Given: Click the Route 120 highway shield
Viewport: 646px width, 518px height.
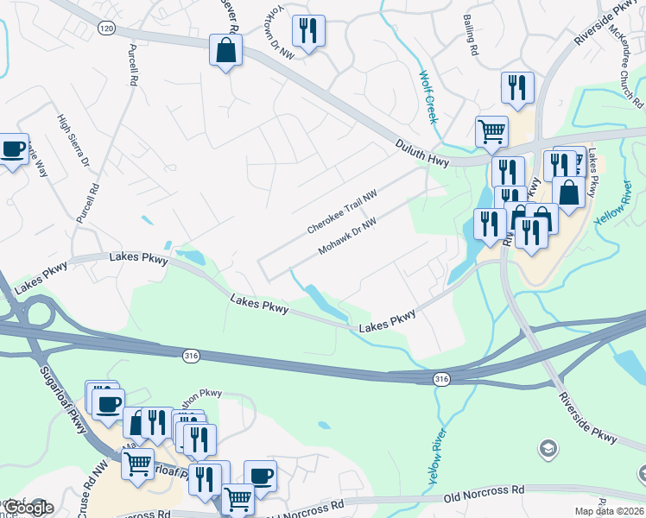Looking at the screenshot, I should [x=106, y=28].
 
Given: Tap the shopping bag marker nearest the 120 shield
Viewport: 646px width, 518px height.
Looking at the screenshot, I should [x=225, y=51].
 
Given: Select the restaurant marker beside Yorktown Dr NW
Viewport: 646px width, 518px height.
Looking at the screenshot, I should [x=308, y=32].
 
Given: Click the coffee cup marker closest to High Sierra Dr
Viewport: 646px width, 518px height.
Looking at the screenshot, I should [x=12, y=149].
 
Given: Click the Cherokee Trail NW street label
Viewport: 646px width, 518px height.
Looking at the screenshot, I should [x=343, y=212].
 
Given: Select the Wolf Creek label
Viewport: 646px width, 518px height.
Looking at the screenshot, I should [x=428, y=97].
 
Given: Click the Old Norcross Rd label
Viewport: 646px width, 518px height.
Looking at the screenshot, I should [x=484, y=491].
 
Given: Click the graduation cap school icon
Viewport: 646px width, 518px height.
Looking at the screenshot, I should [x=547, y=448].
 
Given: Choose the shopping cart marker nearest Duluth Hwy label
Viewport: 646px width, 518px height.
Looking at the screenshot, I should [x=491, y=132].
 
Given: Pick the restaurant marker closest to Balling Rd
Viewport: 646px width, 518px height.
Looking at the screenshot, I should [x=517, y=87].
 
